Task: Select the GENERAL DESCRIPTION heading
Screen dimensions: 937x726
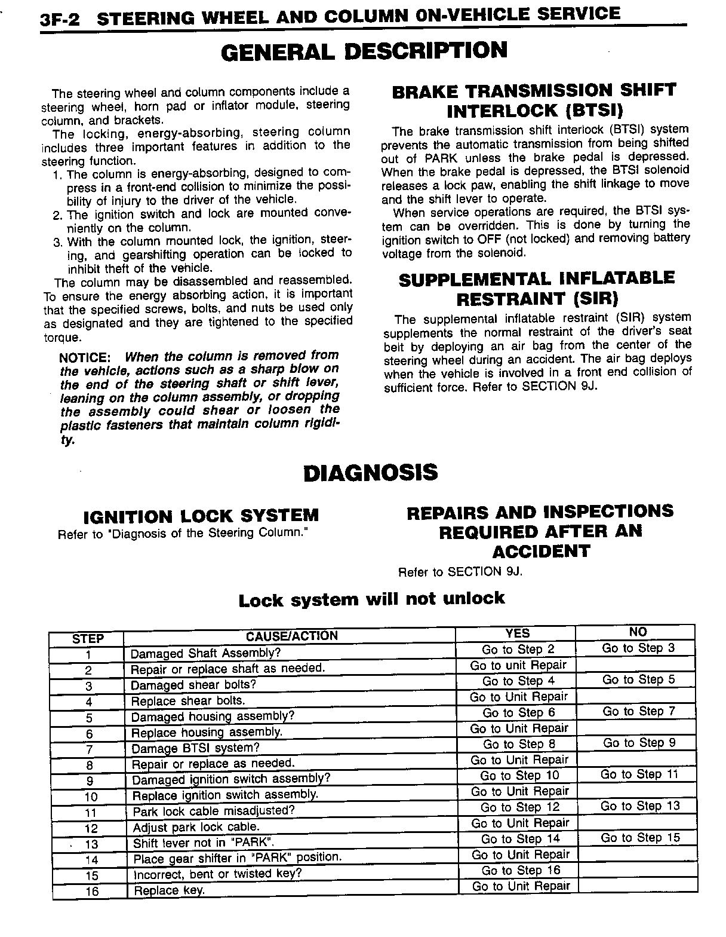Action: click(x=364, y=51)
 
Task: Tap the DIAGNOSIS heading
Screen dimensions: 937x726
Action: click(x=370, y=473)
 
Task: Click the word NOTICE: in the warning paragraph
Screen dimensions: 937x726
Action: click(x=85, y=357)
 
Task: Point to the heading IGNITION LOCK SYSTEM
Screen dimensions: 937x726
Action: click(x=201, y=516)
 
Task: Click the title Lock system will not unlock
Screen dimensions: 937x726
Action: click(x=371, y=599)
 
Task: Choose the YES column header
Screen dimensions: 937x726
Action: click(x=517, y=633)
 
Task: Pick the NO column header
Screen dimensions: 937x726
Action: click(x=638, y=632)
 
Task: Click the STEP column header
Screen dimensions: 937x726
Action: click(x=88, y=638)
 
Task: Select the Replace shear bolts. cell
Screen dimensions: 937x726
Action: click(x=188, y=700)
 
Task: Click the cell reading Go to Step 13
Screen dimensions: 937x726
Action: click(x=640, y=806)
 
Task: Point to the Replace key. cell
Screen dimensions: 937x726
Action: click(x=170, y=890)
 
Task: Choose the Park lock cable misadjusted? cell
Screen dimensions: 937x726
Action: click(x=214, y=811)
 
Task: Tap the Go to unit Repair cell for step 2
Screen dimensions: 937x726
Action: click(x=518, y=665)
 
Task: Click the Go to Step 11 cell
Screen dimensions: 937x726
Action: click(x=639, y=774)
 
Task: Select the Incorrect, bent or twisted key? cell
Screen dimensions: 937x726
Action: click(x=217, y=874)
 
